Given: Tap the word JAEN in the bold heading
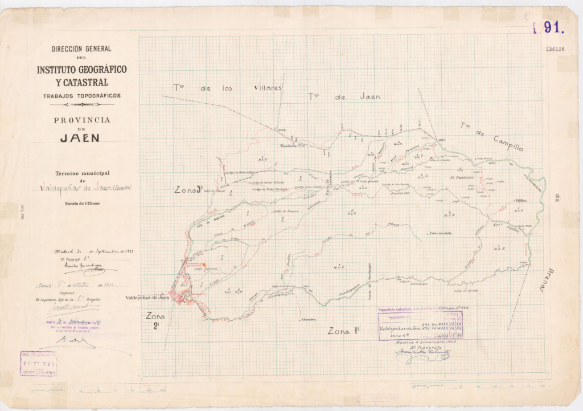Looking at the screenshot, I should pos(80,137).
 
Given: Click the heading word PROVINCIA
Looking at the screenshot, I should pos(81,120).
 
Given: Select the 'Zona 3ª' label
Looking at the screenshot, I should pos(188,190).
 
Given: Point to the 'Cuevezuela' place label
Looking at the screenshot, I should pos(440,233).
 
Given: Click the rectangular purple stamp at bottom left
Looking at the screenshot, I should pos(39,363).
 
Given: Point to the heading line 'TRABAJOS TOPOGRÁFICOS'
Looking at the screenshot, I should pos(81,96).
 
